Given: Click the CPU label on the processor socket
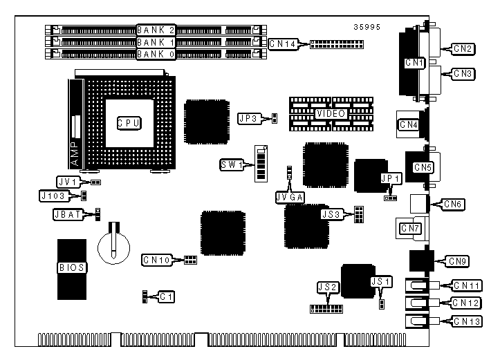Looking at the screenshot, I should click(128, 123).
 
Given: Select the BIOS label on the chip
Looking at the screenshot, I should click(71, 266).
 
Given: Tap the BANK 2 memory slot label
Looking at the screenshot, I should click(156, 30).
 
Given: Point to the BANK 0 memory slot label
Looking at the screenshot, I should click(156, 53).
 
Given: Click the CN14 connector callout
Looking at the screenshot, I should click(282, 44).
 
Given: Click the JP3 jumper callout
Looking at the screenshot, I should click(248, 118).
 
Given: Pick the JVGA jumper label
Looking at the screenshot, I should click(290, 197).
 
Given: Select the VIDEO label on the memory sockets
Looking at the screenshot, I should click(331, 113).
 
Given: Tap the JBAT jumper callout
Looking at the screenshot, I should click(67, 214).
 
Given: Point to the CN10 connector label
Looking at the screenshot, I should click(156, 260).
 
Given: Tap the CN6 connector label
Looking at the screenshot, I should click(454, 204).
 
